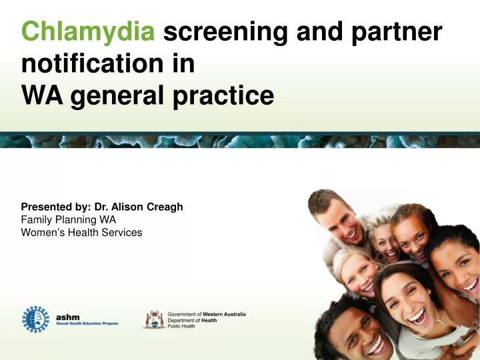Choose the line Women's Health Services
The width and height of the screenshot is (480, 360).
click(x=81, y=232)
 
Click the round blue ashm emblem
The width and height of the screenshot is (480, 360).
click(x=36, y=320)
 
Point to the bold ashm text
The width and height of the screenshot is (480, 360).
click(x=67, y=317)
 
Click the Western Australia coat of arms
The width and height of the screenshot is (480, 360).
click(x=154, y=319)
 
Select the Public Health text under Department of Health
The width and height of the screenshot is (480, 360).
click(x=181, y=326)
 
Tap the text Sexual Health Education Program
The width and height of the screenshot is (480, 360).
click(x=87, y=323)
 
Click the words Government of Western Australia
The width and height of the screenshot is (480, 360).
click(x=207, y=313)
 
